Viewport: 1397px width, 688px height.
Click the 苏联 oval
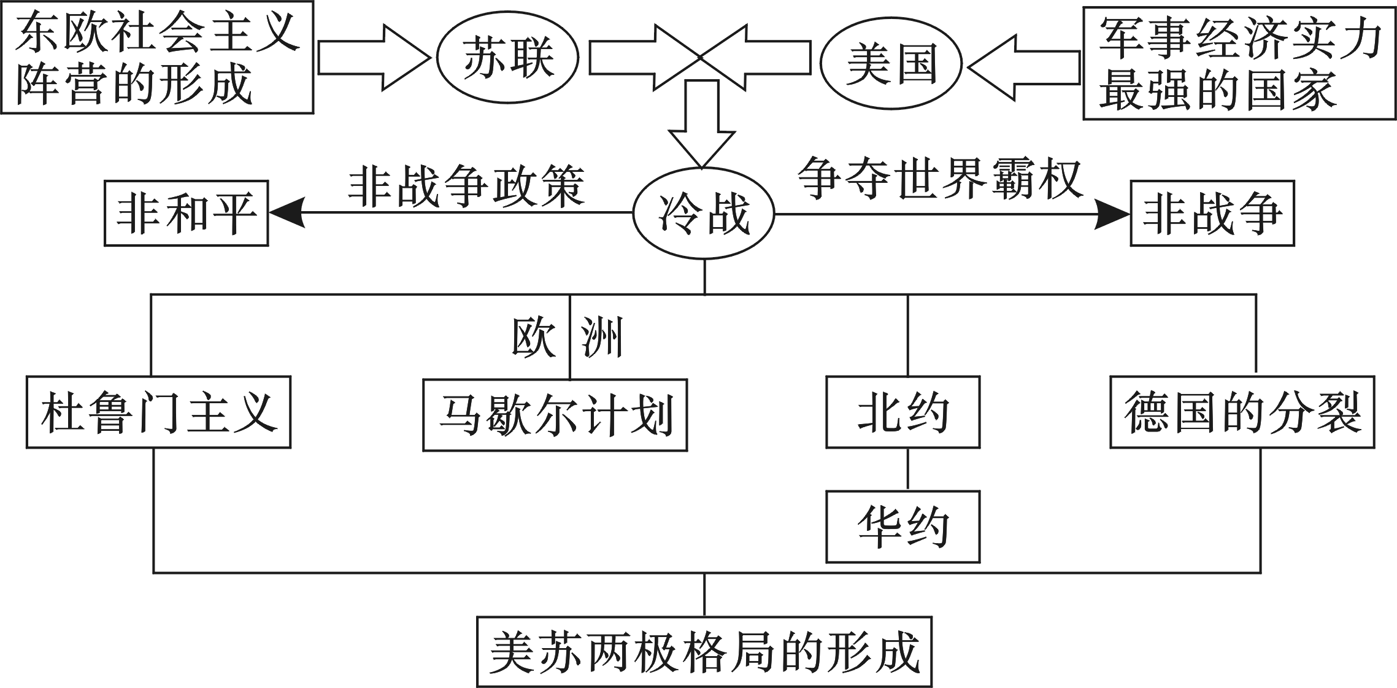click(508, 58)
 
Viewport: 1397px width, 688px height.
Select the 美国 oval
click(891, 64)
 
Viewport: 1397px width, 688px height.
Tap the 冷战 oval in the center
click(704, 214)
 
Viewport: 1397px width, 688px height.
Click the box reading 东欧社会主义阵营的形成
click(157, 57)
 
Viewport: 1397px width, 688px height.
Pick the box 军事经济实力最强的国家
click(1239, 63)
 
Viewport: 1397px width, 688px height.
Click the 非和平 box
click(186, 214)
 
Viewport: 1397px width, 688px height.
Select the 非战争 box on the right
click(1212, 214)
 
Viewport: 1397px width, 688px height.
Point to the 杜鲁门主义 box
click(158, 412)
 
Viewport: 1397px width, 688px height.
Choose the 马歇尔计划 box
click(555, 416)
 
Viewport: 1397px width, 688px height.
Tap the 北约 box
click(902, 412)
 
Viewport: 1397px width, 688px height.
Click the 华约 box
click(902, 527)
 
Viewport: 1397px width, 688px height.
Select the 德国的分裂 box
click(1242, 412)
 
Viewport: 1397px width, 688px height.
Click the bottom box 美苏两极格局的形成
click(704, 652)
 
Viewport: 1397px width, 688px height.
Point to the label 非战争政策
click(466, 185)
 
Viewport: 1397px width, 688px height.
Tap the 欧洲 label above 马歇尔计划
click(567, 338)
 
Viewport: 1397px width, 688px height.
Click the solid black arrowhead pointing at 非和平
click(287, 214)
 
